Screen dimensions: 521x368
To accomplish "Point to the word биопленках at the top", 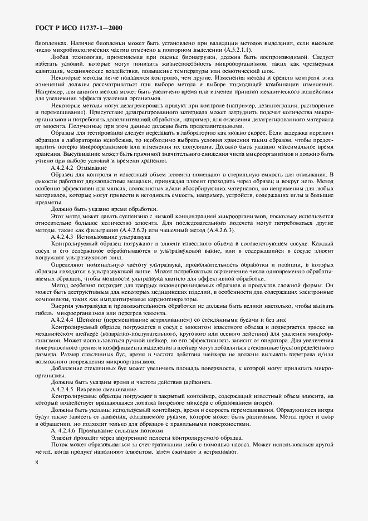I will point(50,43).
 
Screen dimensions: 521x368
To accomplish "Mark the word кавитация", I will point(49,71).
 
